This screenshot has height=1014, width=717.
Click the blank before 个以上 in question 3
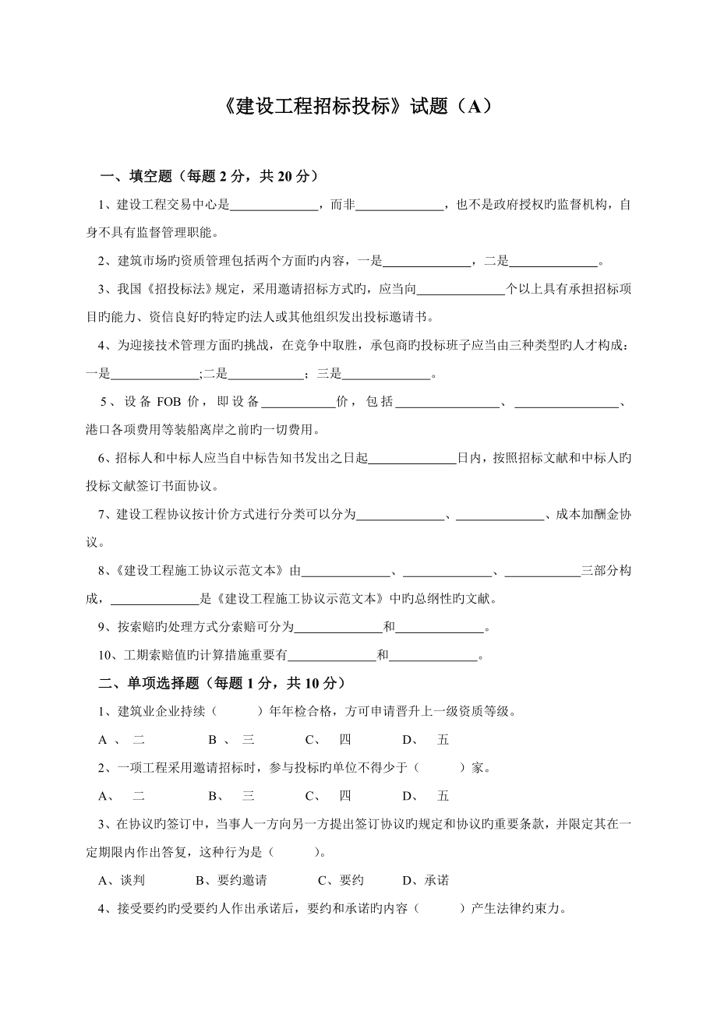pos(461,290)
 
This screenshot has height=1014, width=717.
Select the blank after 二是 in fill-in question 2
pos(553,261)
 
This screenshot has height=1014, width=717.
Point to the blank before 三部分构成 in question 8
pos(542,571)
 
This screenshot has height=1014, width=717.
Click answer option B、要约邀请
pos(231,880)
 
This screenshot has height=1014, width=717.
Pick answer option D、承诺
pos(426,880)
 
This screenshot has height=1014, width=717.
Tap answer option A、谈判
pos(122,880)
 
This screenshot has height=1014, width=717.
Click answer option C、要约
pos(341,880)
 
